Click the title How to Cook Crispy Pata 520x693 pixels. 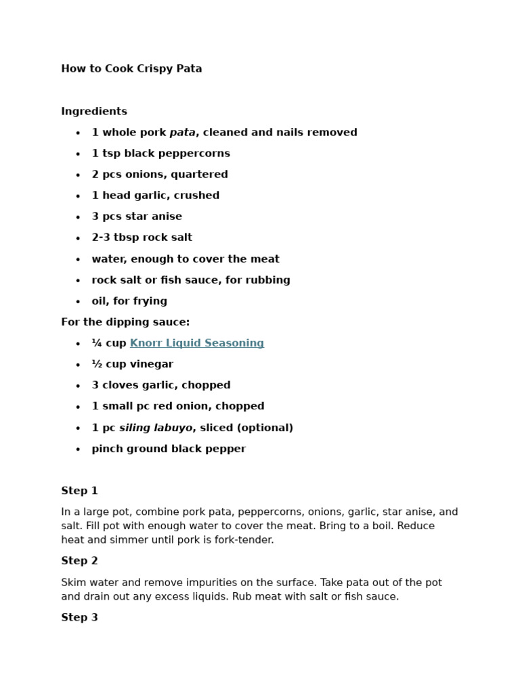tap(131, 68)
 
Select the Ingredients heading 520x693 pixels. tap(94, 111)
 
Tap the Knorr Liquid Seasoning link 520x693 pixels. tap(196, 343)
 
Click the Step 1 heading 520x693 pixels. tap(79, 491)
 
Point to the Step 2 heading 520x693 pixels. tap(79, 561)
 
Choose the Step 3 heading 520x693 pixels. tap(79, 617)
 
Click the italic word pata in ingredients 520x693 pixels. tap(182, 133)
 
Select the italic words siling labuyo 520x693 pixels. tap(156, 428)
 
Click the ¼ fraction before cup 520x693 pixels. tap(96, 343)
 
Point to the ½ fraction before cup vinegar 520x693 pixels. tap(96, 364)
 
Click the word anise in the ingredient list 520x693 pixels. tap(167, 217)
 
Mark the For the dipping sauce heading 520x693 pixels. tap(125, 322)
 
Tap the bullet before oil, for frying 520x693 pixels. tap(78, 302)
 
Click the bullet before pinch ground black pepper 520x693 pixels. tap(78, 449)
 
